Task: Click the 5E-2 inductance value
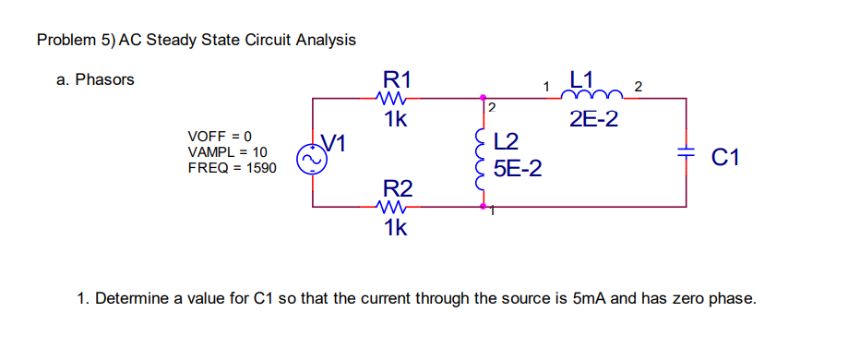518,169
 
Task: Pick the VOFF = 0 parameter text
220,135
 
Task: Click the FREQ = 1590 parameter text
231,168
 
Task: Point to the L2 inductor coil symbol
481,155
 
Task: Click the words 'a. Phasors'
95,79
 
